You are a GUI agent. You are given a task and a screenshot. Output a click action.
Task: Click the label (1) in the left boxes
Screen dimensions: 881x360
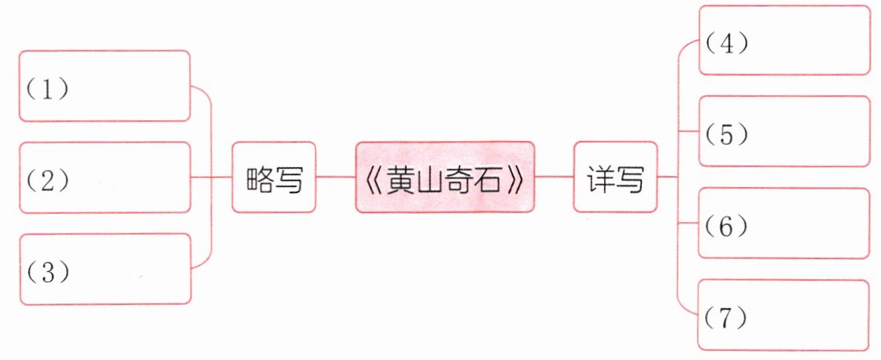pos(47,90)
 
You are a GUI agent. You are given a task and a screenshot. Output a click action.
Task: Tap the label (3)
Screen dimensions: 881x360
pos(47,272)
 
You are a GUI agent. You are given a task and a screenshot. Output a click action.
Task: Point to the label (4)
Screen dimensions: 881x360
pos(727,43)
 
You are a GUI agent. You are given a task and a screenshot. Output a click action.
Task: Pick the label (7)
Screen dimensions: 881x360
pos(727,318)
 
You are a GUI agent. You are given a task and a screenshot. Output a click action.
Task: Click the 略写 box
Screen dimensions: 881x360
pos(274,177)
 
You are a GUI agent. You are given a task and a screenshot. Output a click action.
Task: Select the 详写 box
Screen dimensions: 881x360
pos(615,177)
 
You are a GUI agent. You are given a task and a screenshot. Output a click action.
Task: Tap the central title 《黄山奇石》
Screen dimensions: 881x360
pos(444,177)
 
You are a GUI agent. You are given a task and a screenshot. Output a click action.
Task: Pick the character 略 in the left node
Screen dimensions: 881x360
pos(260,178)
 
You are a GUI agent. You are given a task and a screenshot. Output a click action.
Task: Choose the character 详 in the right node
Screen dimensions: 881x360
pos(601,178)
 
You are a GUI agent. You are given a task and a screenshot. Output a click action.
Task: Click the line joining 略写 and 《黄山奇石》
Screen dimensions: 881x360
pos(335,177)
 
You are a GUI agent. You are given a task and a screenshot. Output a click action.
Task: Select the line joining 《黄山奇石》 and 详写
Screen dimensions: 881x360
pos(554,177)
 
